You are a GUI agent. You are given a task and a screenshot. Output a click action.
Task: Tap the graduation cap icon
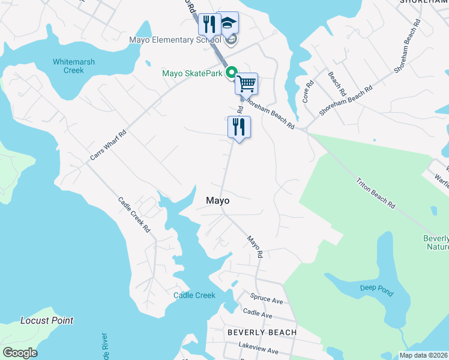point(227,23)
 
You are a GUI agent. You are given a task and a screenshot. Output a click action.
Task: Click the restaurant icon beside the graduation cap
point(209,24)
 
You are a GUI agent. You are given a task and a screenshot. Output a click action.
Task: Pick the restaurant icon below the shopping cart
point(239,127)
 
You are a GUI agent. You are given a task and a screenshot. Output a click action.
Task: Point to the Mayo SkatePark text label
point(192,74)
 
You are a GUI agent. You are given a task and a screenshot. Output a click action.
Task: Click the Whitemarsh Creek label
point(77,65)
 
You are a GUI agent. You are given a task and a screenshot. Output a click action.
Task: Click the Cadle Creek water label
point(194,295)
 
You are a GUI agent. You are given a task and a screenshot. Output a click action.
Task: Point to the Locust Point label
point(47,320)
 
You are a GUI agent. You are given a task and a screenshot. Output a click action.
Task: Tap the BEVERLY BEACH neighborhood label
point(262,332)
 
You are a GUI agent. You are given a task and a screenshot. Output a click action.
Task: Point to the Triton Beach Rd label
point(376,193)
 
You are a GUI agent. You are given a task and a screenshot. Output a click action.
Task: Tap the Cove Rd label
point(308,92)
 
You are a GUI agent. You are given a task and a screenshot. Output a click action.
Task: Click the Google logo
point(20,352)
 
